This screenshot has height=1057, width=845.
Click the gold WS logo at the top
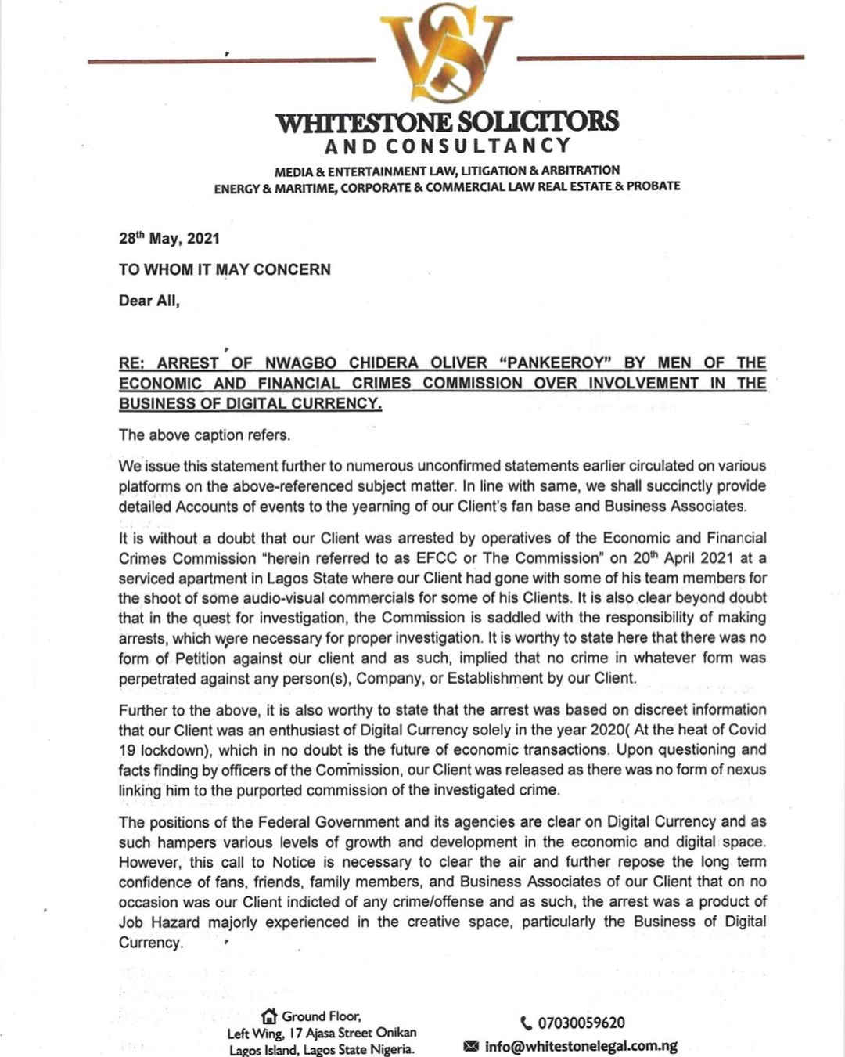click(446, 55)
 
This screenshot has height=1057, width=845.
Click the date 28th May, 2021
click(169, 238)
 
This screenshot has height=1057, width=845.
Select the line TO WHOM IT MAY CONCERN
click(225, 269)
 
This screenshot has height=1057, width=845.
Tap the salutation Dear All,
click(149, 301)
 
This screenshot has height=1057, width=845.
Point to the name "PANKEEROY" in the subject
click(555, 363)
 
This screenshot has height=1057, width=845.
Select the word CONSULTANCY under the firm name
click(479, 146)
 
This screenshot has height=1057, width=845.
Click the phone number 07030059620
click(581, 1023)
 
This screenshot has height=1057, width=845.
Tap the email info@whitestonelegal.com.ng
click(581, 1046)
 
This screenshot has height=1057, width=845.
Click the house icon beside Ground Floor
click(269, 1017)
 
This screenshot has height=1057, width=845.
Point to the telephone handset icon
click(526, 1023)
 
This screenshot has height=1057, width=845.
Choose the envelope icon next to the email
click(471, 1046)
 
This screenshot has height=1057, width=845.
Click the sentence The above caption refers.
click(204, 435)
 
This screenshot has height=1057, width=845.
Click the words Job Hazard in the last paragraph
click(159, 922)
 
